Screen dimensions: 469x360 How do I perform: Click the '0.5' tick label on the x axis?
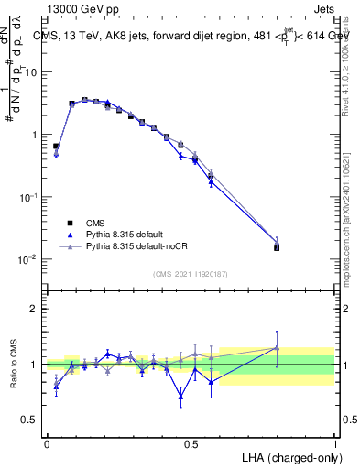tap(191, 444)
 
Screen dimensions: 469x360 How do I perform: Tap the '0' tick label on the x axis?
tap(47, 444)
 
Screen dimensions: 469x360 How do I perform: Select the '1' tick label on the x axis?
tap(334, 444)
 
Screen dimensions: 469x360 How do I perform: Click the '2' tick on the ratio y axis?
tap(33, 309)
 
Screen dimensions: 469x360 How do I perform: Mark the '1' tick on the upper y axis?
tap(33, 135)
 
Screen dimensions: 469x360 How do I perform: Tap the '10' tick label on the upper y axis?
tap(31, 72)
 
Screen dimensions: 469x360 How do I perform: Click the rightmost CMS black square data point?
tap(277, 247)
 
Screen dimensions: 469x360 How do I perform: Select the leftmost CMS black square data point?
tap(56, 146)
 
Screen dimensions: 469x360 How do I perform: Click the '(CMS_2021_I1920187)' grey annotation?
tap(191, 273)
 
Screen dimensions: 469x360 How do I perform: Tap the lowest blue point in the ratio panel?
tap(180, 397)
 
